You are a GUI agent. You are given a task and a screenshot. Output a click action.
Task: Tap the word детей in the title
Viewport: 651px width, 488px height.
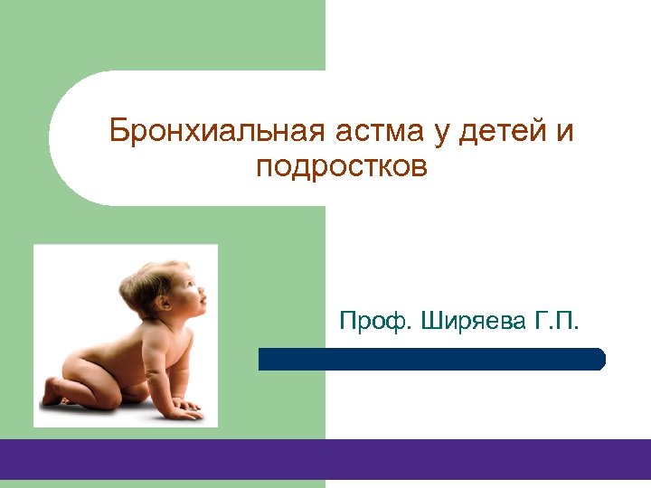(x=502, y=132)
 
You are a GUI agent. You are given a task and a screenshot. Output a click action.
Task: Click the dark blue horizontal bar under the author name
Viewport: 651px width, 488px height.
(x=431, y=359)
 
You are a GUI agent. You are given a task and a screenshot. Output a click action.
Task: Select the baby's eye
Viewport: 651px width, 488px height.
(x=192, y=286)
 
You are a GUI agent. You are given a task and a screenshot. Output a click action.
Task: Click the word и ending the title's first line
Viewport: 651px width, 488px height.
(x=565, y=132)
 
